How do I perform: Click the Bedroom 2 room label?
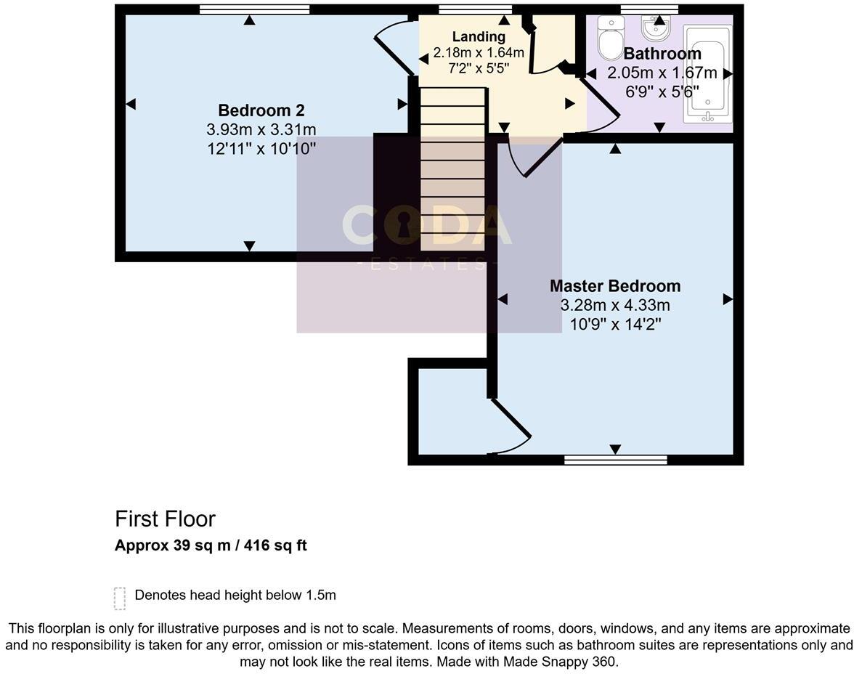click(261, 110)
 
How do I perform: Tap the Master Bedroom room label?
click(615, 285)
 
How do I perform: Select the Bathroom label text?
click(662, 54)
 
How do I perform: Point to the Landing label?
click(479, 36)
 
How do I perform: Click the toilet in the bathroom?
click(610, 38)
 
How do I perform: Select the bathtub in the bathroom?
click(708, 73)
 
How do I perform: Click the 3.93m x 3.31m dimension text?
click(261, 130)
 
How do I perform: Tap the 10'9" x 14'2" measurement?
click(615, 324)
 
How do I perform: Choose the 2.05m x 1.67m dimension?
click(662, 73)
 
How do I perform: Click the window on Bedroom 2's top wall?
click(254, 9)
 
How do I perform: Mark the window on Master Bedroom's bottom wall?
click(616, 460)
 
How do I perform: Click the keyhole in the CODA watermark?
click(404, 225)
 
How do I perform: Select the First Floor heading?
click(165, 519)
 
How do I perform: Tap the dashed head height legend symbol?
click(120, 598)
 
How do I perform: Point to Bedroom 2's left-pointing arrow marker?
click(131, 105)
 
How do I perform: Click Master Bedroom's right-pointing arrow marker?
click(728, 299)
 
